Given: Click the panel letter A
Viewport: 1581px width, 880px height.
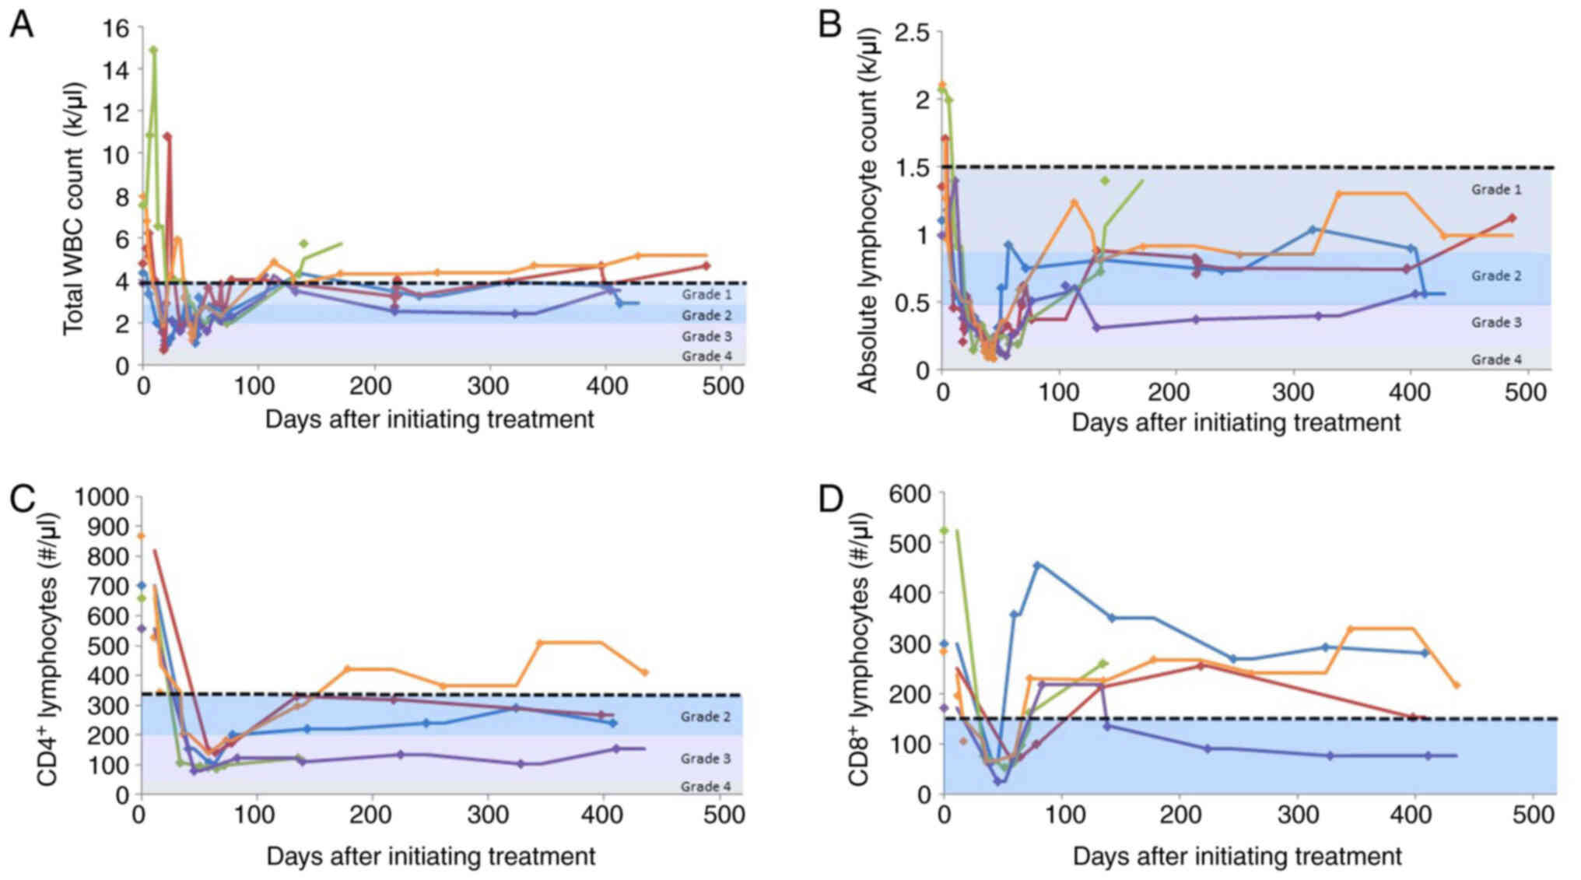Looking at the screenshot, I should coord(22,26).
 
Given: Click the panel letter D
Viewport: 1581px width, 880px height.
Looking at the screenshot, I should coord(831,499).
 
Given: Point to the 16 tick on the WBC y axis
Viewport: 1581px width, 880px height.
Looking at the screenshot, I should coord(116,28).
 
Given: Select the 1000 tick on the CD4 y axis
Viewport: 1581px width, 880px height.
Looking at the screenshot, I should coord(101,496).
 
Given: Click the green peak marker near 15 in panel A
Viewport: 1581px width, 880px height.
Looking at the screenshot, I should coord(154,51).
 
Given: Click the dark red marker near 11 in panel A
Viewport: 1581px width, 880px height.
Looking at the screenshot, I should coord(167,136).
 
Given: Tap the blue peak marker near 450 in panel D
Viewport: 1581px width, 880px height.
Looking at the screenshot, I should coord(1036,565).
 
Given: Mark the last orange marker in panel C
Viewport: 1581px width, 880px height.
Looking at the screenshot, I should coord(644,672).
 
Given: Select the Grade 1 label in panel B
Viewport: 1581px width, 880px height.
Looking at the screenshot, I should coord(1495,189).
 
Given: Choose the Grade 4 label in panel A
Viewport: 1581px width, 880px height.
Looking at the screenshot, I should coord(706,356).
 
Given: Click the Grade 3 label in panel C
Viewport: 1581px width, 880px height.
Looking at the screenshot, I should coord(705,759).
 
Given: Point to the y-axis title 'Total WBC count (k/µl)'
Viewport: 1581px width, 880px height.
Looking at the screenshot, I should coord(73,209).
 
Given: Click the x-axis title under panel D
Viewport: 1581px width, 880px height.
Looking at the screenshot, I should coord(1237,857).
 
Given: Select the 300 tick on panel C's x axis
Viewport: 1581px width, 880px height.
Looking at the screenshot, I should coord(487,815).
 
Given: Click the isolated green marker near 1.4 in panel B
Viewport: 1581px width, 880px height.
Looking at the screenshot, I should coord(1104,181).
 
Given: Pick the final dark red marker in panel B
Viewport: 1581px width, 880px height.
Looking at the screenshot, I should coord(1512,219).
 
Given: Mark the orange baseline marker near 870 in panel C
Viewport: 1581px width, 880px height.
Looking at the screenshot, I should coord(141,536).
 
